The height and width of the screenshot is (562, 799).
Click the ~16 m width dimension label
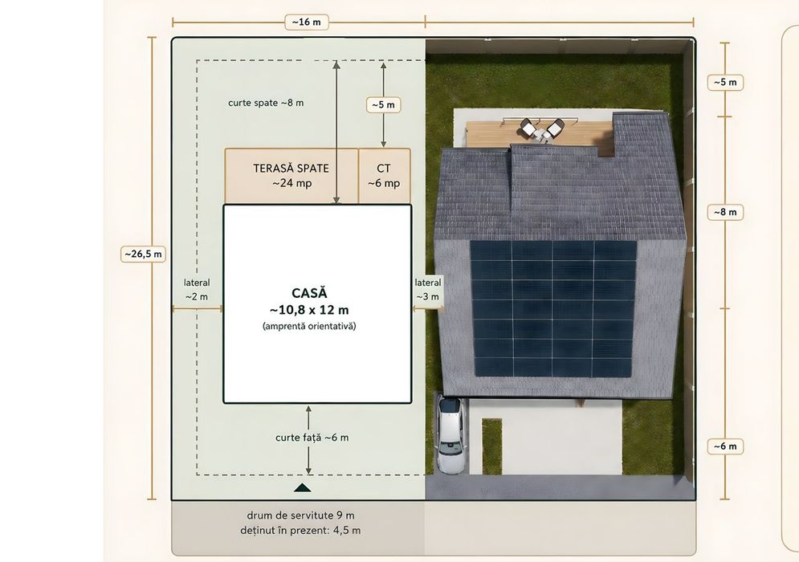tap(306, 22)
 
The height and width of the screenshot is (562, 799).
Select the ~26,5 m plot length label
tap(143, 254)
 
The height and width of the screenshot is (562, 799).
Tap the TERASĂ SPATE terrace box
tap(291, 176)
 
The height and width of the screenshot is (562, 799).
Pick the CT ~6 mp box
tap(384, 176)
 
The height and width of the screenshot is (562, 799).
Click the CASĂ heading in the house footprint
tap(309, 293)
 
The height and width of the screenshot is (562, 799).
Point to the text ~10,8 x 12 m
tap(309, 310)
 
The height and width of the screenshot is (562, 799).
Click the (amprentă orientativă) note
tap(309, 326)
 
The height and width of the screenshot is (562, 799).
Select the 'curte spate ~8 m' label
tap(266, 103)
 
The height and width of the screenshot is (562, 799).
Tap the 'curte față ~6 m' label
tap(312, 438)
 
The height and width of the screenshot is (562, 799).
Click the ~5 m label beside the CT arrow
tap(383, 105)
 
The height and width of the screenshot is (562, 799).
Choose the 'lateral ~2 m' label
tap(197, 289)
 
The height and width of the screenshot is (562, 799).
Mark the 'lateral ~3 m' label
tap(428, 289)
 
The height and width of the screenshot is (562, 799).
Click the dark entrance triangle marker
tap(302, 488)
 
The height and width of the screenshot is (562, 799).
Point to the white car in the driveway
tap(450, 434)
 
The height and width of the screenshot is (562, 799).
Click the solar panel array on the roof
tap(553, 308)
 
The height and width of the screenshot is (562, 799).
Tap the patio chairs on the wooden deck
tap(542, 130)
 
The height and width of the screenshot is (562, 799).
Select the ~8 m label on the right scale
tap(725, 212)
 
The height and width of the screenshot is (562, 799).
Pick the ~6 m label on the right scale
tap(725, 446)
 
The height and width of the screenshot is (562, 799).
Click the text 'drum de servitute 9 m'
tap(300, 515)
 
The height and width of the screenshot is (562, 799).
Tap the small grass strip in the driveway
tap(491, 446)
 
